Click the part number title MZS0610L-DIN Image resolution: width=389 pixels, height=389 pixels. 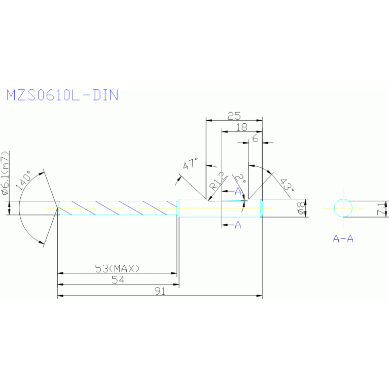point(62,95)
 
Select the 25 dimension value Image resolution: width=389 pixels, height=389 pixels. point(234,116)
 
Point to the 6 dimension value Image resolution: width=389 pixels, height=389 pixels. point(255,138)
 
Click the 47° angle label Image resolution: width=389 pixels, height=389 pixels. point(191,164)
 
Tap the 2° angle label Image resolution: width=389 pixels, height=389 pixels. point(240,179)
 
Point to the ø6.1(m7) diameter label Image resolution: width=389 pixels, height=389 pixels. point(5,173)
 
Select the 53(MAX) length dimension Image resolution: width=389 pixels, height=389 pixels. point(117,268)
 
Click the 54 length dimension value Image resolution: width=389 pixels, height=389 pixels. point(117,279)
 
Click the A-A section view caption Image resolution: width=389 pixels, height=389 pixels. point(343,238)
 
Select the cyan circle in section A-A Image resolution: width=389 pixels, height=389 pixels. point(343,207)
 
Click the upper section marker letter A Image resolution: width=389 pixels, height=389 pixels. point(238,191)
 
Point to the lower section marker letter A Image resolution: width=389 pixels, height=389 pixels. point(238,225)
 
